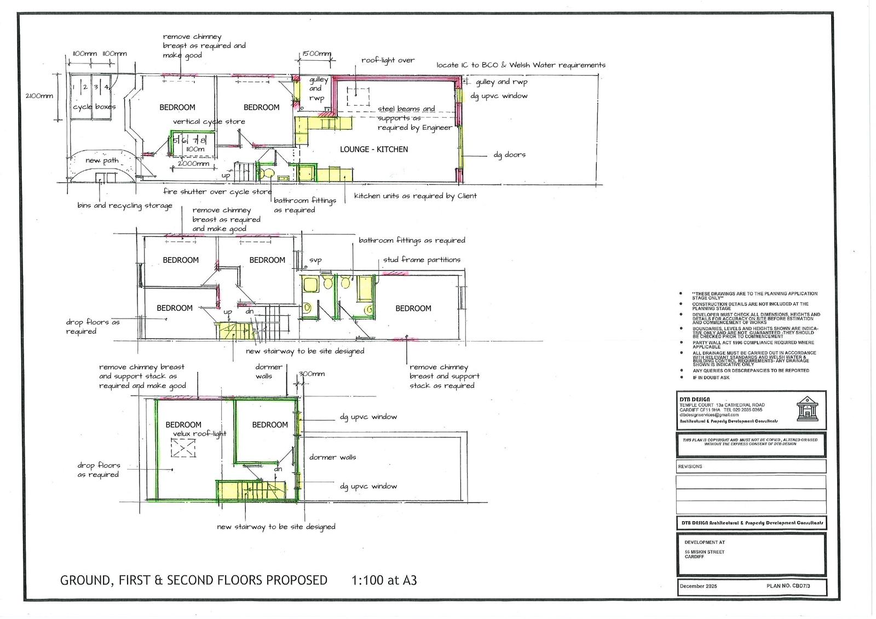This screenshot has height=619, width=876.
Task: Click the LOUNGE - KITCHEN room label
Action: pyautogui.click(x=373, y=149)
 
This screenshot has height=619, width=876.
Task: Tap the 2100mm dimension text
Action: pyautogui.click(x=39, y=96)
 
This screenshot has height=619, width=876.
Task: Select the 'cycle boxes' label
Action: pyautogui.click(x=94, y=107)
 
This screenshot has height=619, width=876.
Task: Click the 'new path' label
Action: pyautogui.click(x=102, y=160)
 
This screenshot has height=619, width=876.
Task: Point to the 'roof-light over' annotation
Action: pyautogui.click(x=388, y=60)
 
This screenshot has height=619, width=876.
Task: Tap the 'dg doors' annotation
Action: pyautogui.click(x=509, y=155)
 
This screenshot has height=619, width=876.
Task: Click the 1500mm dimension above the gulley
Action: pyautogui.click(x=316, y=54)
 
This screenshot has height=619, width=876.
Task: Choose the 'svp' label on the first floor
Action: pyautogui.click(x=315, y=260)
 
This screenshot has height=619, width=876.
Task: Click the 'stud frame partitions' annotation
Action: pyautogui.click(x=422, y=259)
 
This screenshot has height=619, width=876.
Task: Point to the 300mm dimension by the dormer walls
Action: pyautogui.click(x=312, y=374)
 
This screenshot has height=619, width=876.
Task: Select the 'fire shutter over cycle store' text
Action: pyautogui.click(x=217, y=192)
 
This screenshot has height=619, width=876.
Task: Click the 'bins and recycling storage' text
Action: pyautogui.click(x=125, y=205)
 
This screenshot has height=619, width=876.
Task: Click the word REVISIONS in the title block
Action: pyautogui.click(x=690, y=466)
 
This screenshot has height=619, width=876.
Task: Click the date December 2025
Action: pyautogui.click(x=698, y=586)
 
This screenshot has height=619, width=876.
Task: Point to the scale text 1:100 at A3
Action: pyautogui.click(x=383, y=580)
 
